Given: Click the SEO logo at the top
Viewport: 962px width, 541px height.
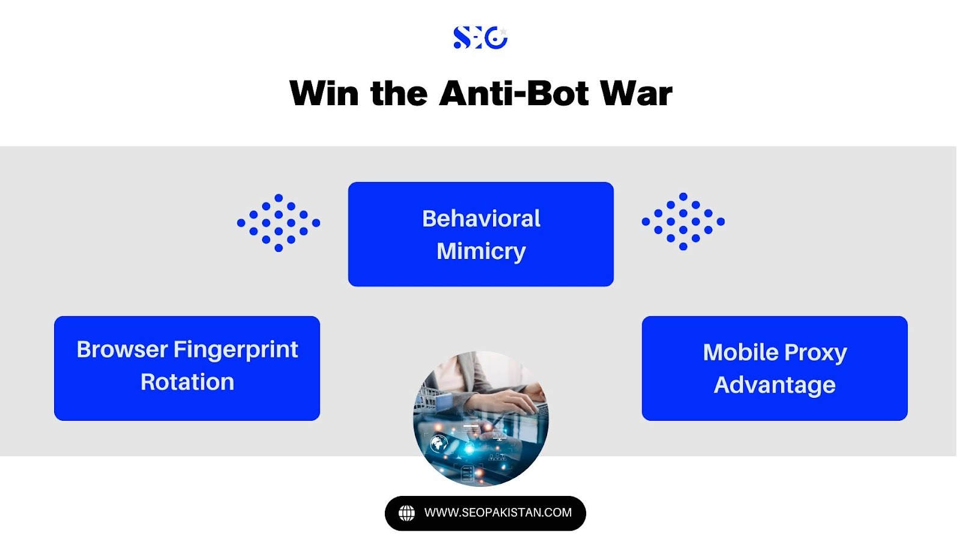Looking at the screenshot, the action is pos(480,37).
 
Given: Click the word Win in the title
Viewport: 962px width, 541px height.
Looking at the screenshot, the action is pos(324,93).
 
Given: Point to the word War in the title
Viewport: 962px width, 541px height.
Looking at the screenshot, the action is pos(637,93).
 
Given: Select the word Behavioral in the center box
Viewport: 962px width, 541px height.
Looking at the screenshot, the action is pos(481,219).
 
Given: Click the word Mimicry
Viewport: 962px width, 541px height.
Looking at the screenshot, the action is pos(481,252).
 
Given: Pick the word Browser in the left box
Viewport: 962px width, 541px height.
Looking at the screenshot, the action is pos(122,349).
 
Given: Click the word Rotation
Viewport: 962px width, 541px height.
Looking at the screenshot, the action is pos(187,382).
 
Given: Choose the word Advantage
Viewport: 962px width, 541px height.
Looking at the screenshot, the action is pos(775,385).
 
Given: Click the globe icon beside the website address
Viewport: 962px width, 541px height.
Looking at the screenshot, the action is pos(406,513).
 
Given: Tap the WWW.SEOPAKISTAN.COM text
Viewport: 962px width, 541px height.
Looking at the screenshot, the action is pos(498,513).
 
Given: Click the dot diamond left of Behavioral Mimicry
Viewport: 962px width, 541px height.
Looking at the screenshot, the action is pos(278,223).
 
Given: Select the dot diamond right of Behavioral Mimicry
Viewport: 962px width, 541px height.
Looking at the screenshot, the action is pos(683,222).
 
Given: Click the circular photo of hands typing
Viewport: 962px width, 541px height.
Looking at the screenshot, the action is pos(480,419).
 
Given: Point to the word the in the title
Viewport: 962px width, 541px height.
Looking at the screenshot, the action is pos(399,93).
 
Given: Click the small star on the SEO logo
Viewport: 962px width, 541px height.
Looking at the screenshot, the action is pos(503,31).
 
